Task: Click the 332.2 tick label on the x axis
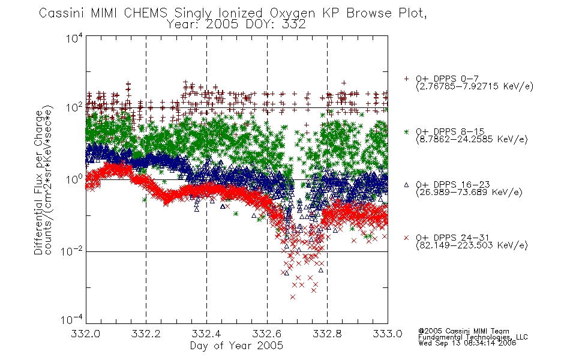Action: (146, 334)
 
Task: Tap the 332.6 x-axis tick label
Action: (267, 334)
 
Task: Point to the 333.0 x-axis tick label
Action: (388, 334)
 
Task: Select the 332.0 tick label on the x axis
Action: (86, 334)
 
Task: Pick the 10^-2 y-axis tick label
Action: (71, 251)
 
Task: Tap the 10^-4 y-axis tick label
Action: (71, 319)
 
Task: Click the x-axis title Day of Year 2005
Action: (236, 346)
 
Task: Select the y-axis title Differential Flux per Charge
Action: (38, 182)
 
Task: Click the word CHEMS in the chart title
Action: (145, 13)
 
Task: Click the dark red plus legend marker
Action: (406, 79)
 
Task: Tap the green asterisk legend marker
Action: (406, 131)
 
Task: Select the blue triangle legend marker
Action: (406, 185)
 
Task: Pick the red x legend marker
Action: (406, 238)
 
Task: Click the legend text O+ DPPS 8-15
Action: (451, 131)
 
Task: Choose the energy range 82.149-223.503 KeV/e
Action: (472, 245)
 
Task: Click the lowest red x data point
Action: (293, 297)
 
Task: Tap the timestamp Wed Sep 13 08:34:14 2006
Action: (467, 343)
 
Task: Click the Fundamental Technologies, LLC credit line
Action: (473, 337)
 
